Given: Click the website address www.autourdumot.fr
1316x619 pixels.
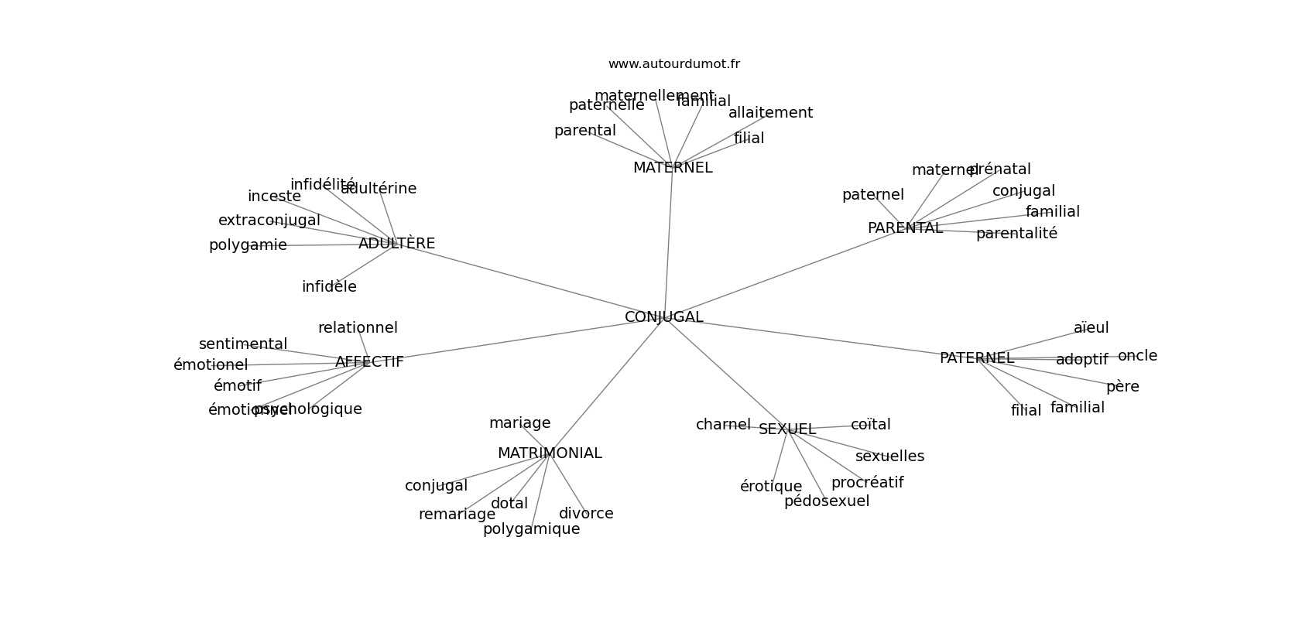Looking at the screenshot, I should (x=673, y=64).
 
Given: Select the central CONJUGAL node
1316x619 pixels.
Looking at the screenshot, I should (x=663, y=317).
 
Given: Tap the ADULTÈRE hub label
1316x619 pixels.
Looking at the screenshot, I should (x=396, y=244).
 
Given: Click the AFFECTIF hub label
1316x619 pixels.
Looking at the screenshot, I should (x=369, y=362).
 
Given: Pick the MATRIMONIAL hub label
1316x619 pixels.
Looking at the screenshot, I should (x=549, y=453).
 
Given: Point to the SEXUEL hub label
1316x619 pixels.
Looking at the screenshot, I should (x=787, y=429).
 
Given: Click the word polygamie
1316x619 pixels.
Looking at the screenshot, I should (x=248, y=245).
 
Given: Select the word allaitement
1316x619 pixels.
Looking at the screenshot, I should (x=770, y=113).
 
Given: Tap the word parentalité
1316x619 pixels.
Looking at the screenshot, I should (x=1016, y=234).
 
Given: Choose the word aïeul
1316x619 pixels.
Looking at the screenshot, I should (x=1091, y=328).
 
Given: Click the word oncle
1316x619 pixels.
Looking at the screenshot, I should (x=1137, y=356).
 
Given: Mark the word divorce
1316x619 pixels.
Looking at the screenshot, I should (x=586, y=514).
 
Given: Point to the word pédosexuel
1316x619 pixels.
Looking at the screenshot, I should (x=826, y=501).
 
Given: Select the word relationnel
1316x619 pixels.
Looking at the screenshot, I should (x=358, y=328).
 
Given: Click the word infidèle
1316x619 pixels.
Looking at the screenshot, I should (x=329, y=287).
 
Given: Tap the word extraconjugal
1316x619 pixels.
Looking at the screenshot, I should (x=269, y=221).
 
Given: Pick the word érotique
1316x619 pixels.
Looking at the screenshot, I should (x=770, y=487).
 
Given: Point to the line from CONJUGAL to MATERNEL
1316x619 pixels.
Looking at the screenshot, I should (x=668, y=240).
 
